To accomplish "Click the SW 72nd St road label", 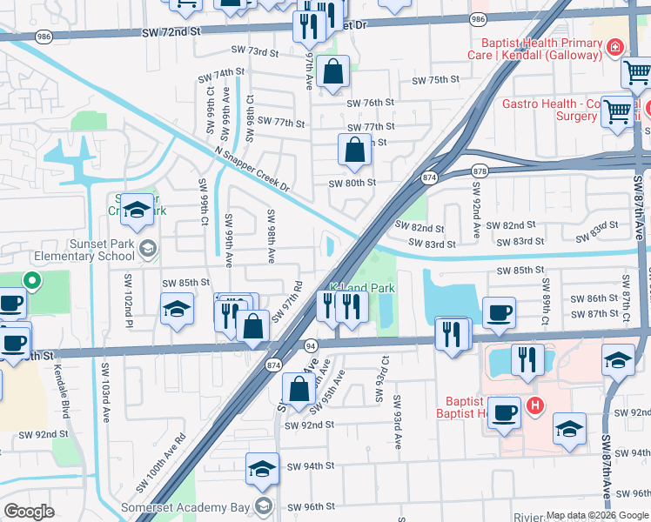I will [x=170, y=31].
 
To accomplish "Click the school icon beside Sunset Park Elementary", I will [x=147, y=250].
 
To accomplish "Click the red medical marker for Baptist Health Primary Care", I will [x=616, y=48].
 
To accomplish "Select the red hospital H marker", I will [x=535, y=405].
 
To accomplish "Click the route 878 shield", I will [x=479, y=171].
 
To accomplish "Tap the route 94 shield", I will [x=310, y=345].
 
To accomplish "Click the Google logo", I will [x=29, y=512].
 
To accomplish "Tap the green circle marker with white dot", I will [x=31, y=280].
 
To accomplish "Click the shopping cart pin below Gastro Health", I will [x=617, y=112].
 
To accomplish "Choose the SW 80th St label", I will [x=352, y=183].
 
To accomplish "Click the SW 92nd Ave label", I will [x=476, y=219].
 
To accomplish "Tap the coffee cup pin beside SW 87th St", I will [x=499, y=314].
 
